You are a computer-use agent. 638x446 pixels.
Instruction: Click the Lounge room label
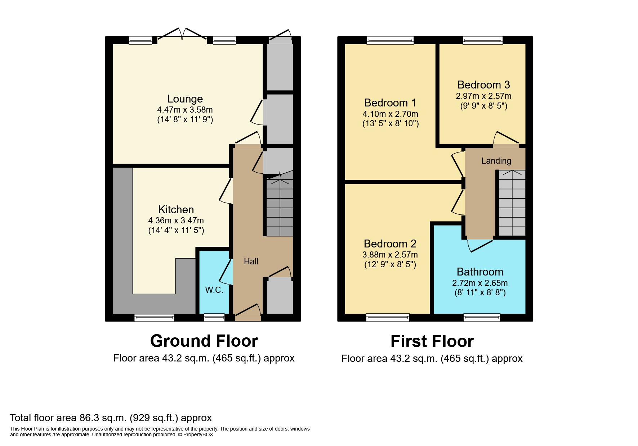[x=185, y=99]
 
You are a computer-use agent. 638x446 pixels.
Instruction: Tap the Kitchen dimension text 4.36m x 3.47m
[x=176, y=220]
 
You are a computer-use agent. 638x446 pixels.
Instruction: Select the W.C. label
[x=214, y=290]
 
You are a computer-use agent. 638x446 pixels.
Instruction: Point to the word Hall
[x=251, y=261]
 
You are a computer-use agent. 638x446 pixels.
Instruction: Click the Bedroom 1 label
[x=390, y=103]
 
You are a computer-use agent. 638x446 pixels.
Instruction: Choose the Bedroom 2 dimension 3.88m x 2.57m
[x=390, y=255]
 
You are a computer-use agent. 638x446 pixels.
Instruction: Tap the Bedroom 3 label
[x=483, y=85]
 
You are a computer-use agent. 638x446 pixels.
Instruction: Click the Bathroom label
[x=480, y=272]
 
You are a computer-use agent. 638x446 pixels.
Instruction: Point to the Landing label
[x=496, y=161]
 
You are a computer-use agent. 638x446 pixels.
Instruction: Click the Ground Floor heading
[x=204, y=341]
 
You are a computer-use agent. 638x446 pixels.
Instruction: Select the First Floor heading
[x=432, y=341]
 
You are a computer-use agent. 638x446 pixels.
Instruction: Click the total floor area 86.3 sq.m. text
[x=111, y=418]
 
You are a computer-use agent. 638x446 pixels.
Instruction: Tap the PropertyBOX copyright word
[x=198, y=434]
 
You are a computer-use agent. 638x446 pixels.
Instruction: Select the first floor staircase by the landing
[x=512, y=203]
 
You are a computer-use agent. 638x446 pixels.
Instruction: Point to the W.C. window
[x=214, y=318]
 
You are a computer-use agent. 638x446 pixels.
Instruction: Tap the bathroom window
[x=482, y=318]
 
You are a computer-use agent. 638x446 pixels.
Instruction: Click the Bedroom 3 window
[x=482, y=40]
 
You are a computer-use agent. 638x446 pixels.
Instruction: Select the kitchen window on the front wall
[x=154, y=318]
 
